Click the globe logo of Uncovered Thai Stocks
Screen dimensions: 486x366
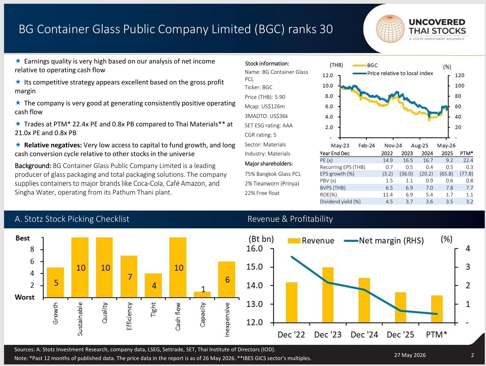390,29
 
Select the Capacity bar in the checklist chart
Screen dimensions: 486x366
202,294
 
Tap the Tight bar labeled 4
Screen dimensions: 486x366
153,285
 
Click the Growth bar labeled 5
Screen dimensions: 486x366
55,282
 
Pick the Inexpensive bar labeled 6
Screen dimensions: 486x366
226,279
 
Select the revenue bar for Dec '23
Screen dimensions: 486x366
328,295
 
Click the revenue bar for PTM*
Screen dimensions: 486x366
437,309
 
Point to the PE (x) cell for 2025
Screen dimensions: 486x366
449,160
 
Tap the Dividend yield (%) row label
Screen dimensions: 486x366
340,201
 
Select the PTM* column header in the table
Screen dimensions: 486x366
466,154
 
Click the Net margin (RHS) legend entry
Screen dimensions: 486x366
384,241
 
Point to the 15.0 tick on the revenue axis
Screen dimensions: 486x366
255,267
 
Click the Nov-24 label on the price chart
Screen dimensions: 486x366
393,145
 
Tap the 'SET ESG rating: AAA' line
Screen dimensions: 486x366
269,125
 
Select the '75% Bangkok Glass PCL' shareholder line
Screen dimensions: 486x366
273,174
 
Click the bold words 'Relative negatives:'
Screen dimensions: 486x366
53,145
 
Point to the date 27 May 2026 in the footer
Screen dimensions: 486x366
410,355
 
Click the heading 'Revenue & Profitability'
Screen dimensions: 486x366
290,219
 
